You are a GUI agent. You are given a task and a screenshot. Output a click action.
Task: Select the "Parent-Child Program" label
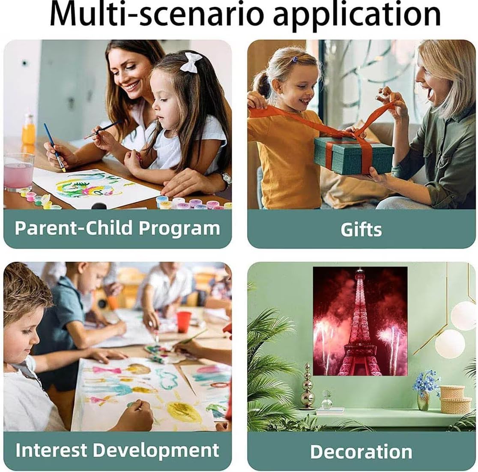tap(117, 228)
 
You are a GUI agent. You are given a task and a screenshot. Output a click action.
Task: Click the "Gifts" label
tap(361, 229)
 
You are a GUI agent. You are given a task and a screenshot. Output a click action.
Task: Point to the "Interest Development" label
tap(117, 450)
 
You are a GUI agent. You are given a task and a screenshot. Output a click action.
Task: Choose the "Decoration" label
tap(361, 451)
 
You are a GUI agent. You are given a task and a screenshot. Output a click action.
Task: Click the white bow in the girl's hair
tap(191, 62)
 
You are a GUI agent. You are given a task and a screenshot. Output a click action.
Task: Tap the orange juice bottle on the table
tap(29, 130)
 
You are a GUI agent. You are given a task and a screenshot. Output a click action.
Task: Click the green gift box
tap(354, 155)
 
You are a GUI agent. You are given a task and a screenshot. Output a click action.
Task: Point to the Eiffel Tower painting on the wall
tap(360, 321)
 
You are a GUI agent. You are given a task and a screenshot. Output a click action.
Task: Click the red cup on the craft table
tap(183, 322)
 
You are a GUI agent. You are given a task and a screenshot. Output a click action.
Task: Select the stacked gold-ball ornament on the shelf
tap(307, 386)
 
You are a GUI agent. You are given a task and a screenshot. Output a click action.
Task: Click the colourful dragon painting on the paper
tap(88, 187)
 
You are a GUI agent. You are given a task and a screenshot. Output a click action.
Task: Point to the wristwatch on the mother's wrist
tap(226, 179)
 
